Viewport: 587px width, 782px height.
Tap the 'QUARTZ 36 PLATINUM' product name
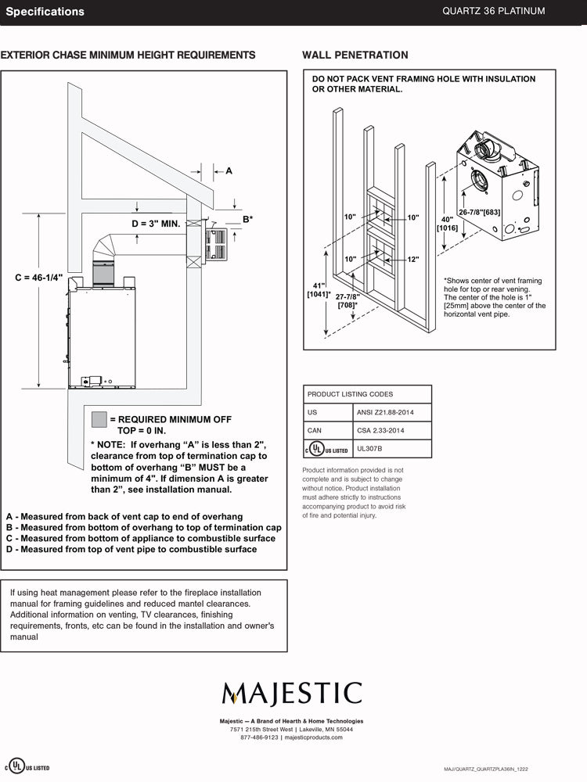[x=493, y=11]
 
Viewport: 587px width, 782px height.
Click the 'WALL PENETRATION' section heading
[x=355, y=55]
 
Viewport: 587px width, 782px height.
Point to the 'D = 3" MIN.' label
[x=157, y=224]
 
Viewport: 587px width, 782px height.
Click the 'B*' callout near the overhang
[x=247, y=219]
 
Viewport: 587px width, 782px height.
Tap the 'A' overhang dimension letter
[x=229, y=170]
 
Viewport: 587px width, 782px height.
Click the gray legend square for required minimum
[x=99, y=419]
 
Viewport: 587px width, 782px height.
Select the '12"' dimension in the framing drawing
[x=413, y=259]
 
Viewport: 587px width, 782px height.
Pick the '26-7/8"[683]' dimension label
[x=480, y=212]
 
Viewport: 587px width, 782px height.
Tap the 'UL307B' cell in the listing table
[x=369, y=449]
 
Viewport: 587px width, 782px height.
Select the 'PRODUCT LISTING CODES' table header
[x=350, y=394]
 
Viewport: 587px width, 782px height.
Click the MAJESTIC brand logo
[x=292, y=693]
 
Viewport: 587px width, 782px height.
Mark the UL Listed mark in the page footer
[x=29, y=766]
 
